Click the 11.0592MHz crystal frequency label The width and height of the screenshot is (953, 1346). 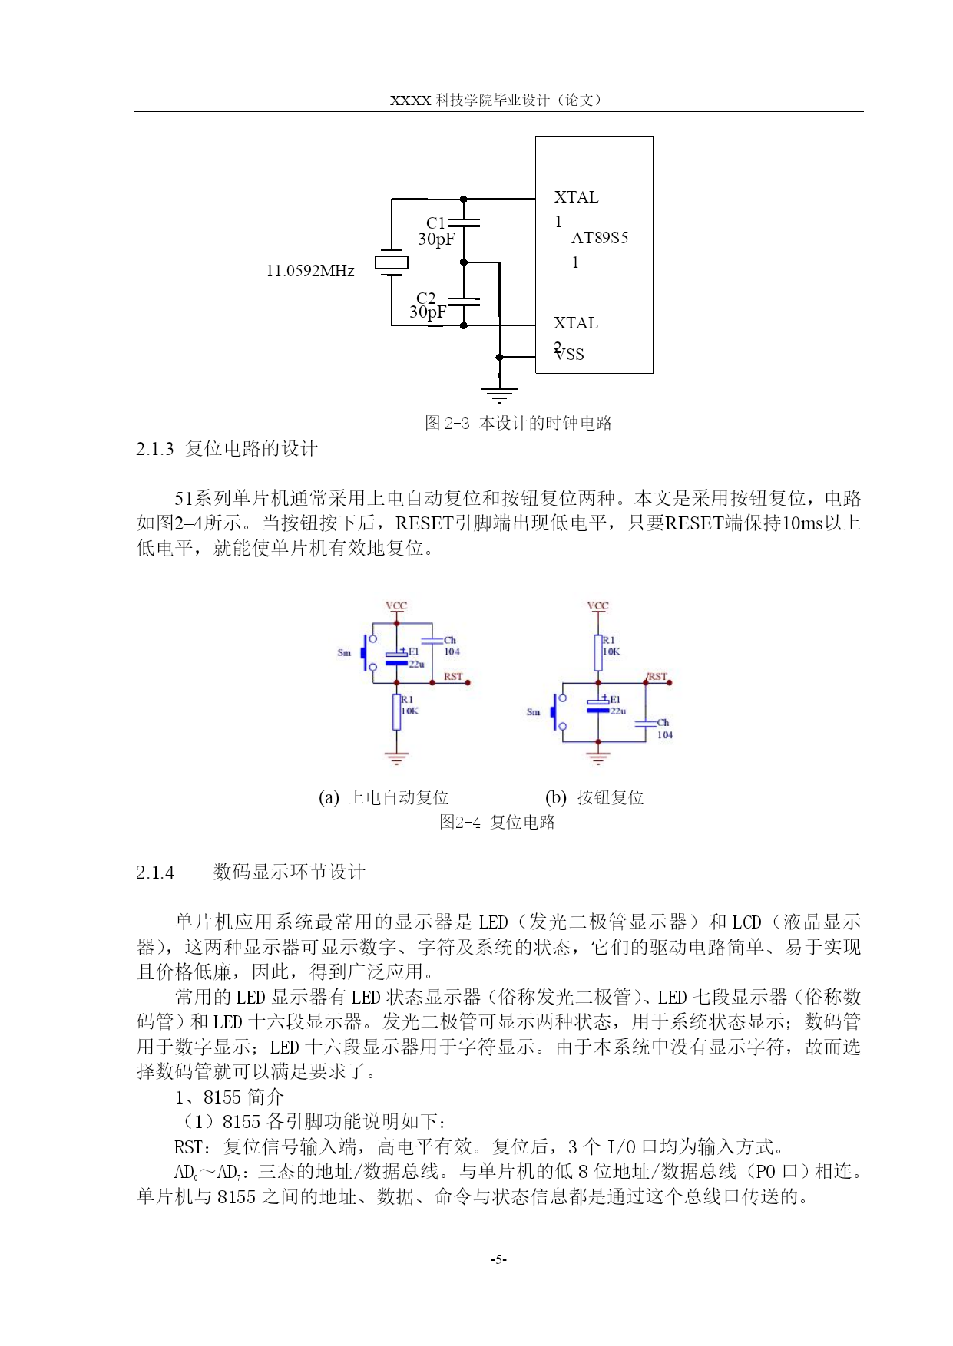310,271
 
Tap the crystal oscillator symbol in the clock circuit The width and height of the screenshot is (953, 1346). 392,262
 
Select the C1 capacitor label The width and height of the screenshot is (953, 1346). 435,223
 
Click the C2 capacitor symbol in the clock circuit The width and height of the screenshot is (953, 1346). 463,302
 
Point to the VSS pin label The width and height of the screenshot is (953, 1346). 570,355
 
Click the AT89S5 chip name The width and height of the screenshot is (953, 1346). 600,238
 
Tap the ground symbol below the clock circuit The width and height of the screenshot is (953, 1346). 499,396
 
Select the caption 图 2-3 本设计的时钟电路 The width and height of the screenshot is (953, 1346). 518,423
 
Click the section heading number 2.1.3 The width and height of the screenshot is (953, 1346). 155,449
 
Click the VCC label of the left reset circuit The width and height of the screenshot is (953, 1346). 396,605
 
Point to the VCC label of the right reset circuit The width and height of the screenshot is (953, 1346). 597,605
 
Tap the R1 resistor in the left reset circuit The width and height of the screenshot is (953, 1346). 396,712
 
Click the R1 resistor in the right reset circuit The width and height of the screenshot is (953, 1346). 598,653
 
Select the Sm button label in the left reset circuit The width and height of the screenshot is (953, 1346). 344,653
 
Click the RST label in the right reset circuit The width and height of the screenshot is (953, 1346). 657,676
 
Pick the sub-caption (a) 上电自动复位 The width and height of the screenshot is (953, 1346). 383,798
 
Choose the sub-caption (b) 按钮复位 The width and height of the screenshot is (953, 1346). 594,798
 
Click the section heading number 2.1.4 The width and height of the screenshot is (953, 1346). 155,873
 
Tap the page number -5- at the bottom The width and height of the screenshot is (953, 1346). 499,1259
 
